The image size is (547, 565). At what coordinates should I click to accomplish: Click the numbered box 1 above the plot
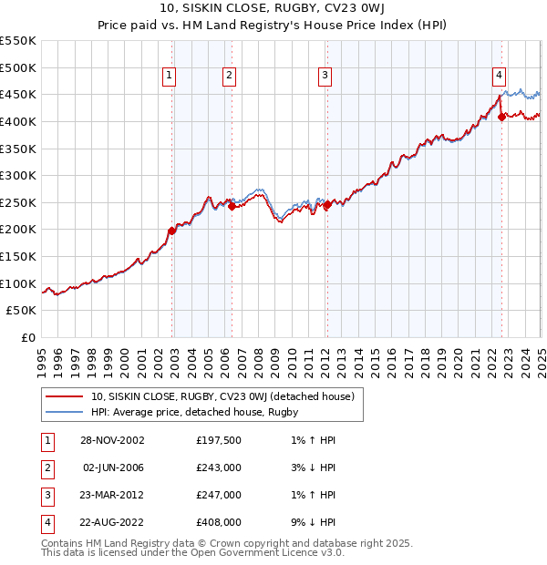(x=170, y=76)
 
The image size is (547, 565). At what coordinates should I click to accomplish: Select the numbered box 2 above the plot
(x=229, y=76)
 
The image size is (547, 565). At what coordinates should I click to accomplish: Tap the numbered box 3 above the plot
(x=325, y=76)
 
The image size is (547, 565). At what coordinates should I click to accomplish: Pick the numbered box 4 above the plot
(x=500, y=76)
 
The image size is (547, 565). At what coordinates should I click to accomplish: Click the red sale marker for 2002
(x=172, y=231)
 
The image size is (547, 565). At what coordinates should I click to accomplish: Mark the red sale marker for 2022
(x=501, y=117)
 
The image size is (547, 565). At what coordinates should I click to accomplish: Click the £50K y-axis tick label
(x=22, y=311)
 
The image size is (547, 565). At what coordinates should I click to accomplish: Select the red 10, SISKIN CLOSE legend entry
(x=228, y=395)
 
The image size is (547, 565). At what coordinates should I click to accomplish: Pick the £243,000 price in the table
(x=218, y=468)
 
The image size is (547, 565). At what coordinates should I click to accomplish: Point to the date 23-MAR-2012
(x=112, y=495)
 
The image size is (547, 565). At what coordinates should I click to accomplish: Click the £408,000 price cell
(x=218, y=522)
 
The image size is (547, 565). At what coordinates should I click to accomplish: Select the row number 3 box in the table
(x=46, y=495)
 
